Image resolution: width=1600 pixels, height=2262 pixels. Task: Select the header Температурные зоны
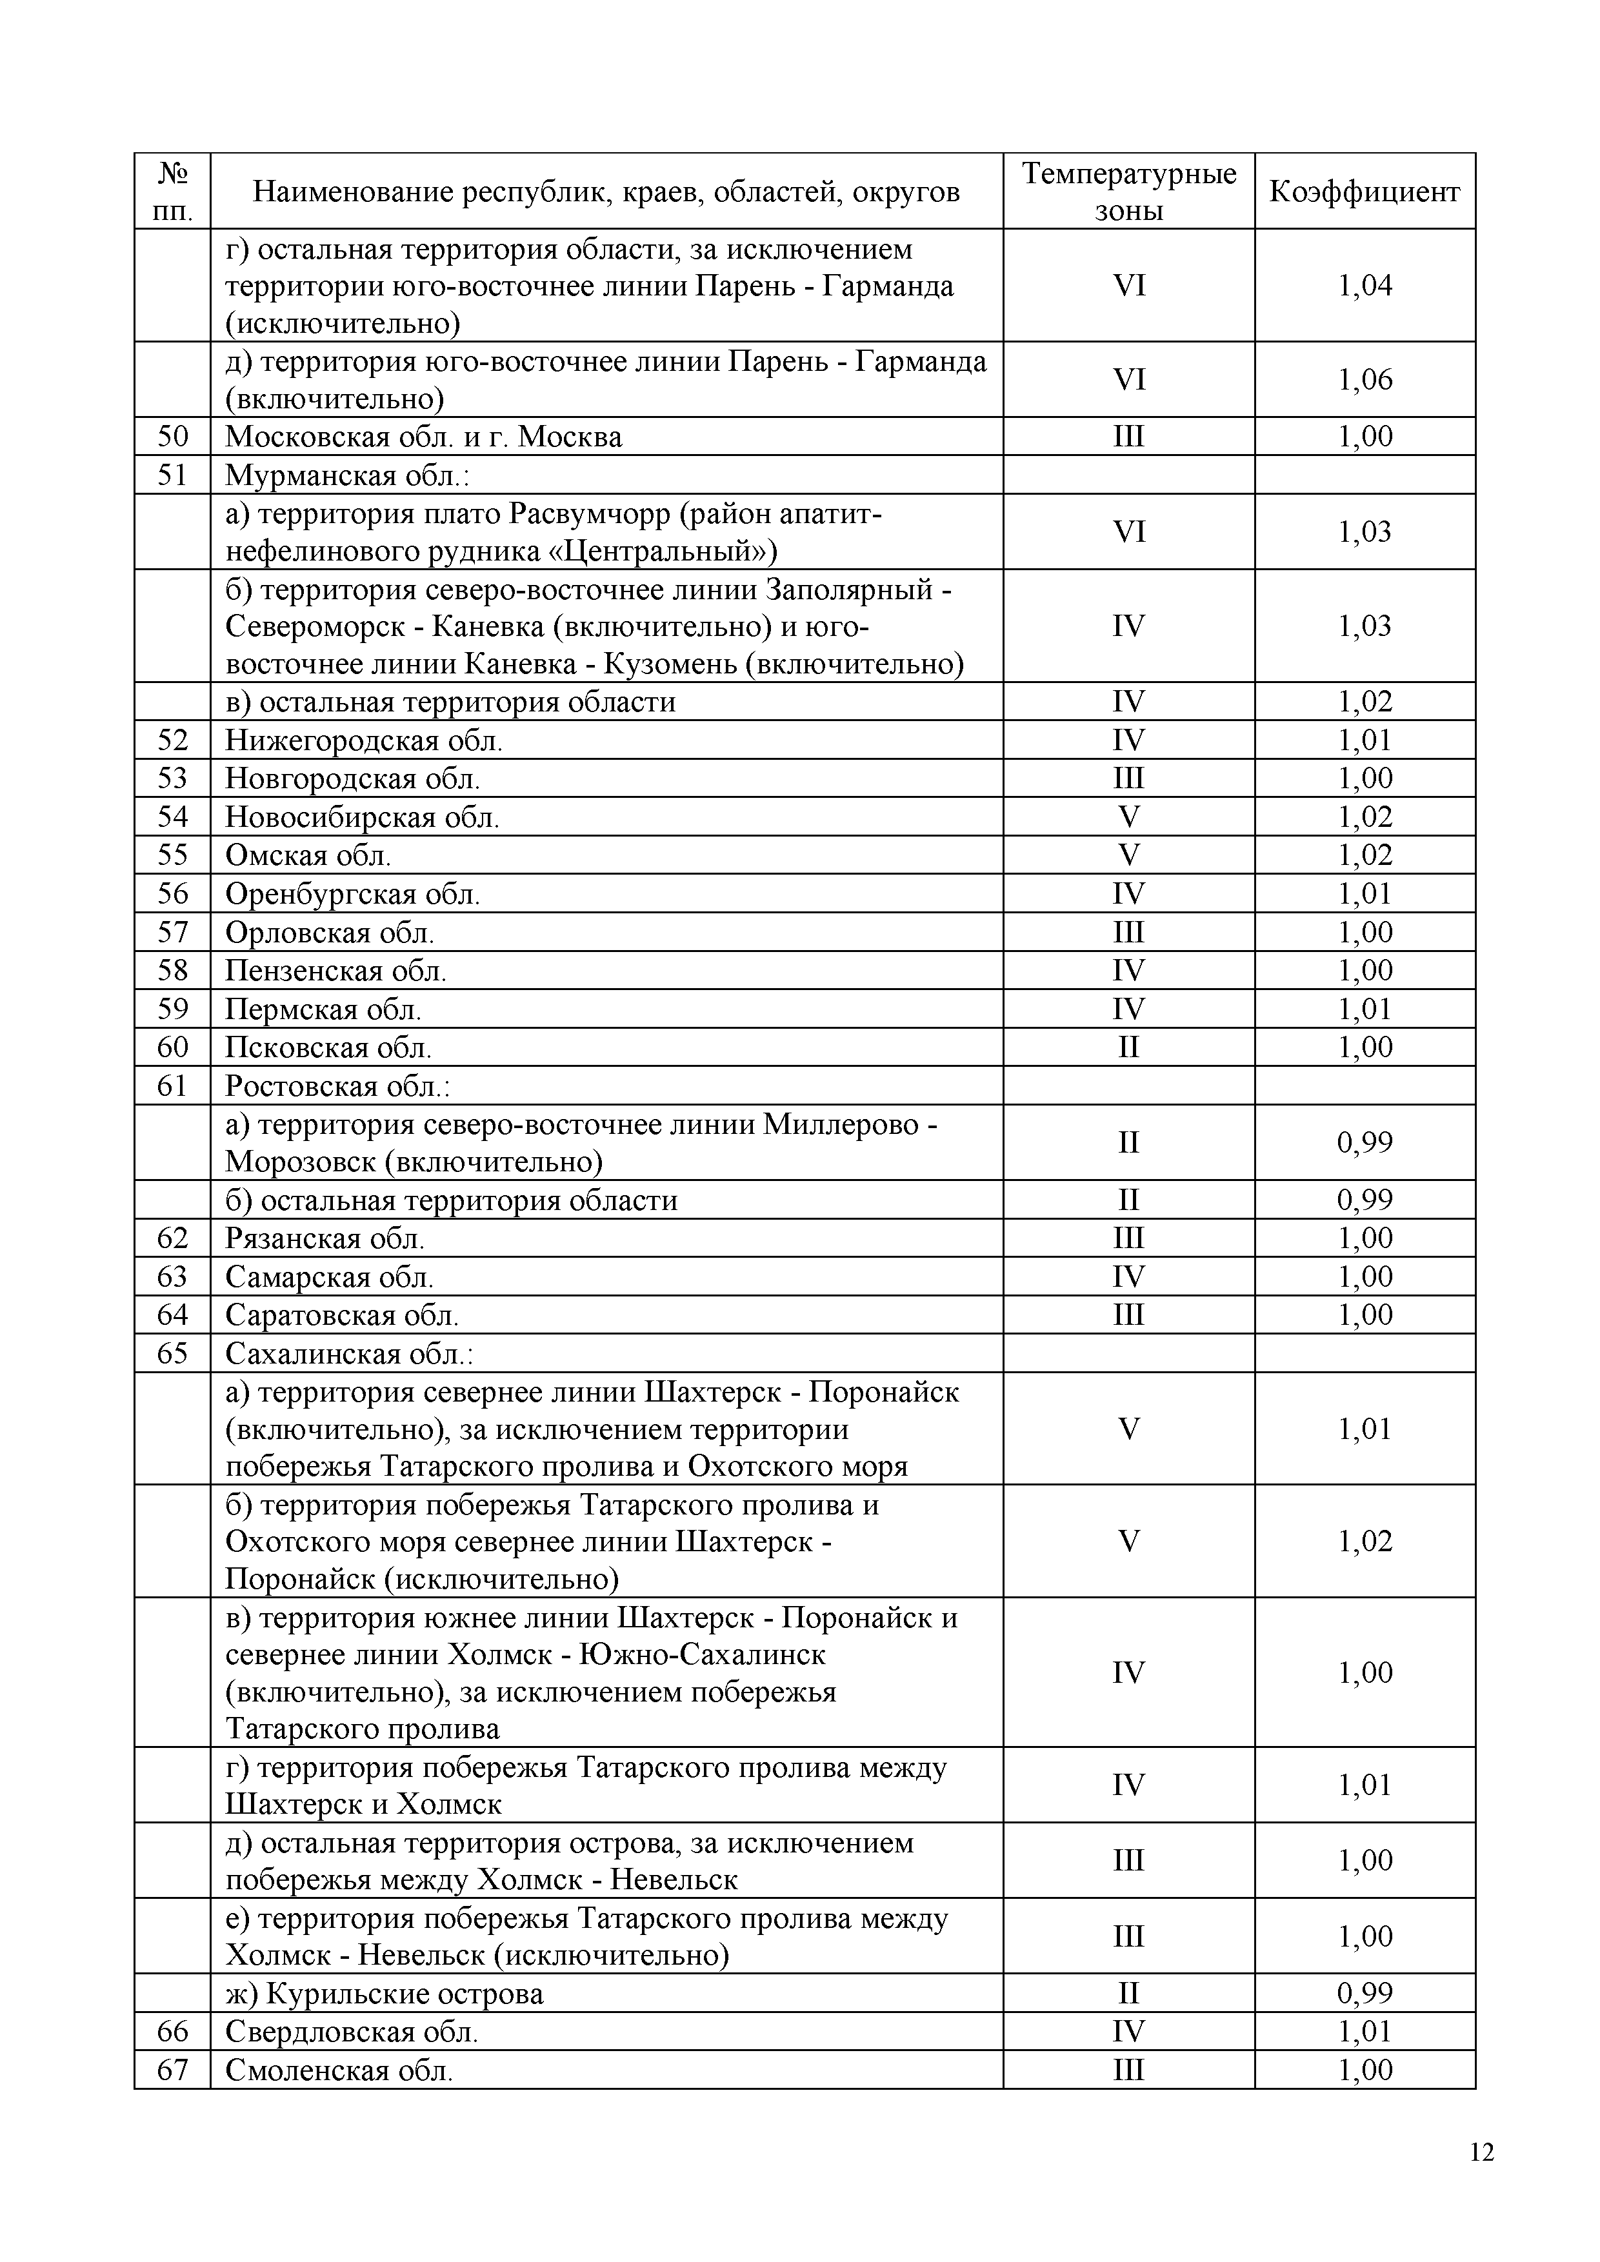click(1128, 191)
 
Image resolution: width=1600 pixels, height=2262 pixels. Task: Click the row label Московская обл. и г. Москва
click(424, 437)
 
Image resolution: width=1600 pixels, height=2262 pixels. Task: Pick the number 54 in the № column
click(172, 817)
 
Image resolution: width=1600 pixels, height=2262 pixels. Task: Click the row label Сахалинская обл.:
click(350, 1354)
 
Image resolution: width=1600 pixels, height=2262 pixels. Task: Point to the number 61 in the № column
click(172, 1086)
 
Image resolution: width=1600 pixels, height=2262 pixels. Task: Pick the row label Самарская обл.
click(329, 1277)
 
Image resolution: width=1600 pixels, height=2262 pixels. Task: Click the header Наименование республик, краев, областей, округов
click(606, 191)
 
